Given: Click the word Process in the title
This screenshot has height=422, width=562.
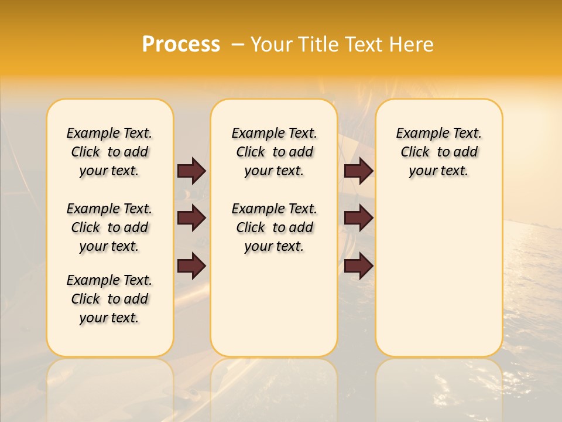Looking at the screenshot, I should [181, 45].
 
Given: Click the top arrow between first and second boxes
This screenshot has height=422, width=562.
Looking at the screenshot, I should [191, 171].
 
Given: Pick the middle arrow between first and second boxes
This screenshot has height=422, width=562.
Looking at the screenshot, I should [191, 219].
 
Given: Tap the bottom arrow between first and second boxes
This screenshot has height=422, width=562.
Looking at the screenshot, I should [191, 266].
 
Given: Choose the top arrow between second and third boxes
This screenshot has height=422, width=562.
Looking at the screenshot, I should [358, 171].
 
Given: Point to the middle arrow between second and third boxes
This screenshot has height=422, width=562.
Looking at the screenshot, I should [358, 219].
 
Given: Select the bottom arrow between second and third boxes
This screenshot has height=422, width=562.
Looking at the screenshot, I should [358, 266].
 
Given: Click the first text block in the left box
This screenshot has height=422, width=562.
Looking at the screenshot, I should [109, 152].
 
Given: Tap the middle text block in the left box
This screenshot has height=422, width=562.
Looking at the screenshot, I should [109, 227].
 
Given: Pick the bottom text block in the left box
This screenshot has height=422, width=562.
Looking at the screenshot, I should [109, 299].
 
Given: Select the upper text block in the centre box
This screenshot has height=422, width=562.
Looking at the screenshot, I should [274, 152].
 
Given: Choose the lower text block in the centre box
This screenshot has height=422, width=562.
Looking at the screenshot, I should [274, 227].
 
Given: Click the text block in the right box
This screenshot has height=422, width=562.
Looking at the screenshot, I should [438, 152].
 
